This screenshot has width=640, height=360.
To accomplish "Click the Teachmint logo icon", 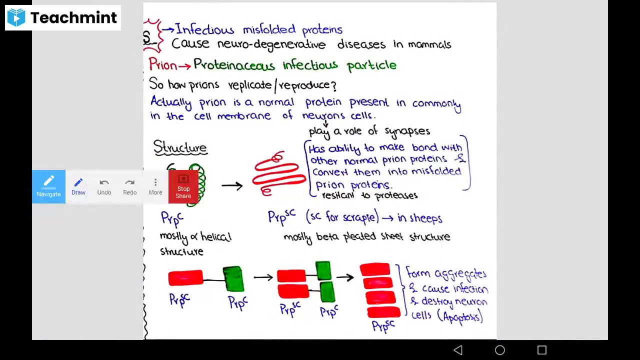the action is [16, 17].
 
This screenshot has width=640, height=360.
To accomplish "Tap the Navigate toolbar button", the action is [48, 186].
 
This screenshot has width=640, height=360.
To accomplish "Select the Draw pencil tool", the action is [78, 186].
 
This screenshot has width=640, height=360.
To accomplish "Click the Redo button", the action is [129, 186].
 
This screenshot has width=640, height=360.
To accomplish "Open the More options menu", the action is [155, 186].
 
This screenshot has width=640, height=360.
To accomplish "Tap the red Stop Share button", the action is [183, 187].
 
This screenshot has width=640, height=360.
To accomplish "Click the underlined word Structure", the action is [180, 147].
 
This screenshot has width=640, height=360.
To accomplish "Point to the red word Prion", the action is [162, 65].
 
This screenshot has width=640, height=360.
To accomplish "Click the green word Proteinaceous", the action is [234, 65].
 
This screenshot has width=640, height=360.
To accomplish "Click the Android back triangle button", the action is [458, 350].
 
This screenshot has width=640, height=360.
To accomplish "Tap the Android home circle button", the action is [500, 350].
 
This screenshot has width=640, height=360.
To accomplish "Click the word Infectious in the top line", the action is [204, 30].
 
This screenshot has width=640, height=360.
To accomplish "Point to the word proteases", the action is [395, 195].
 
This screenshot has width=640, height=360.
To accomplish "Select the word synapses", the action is [407, 131].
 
